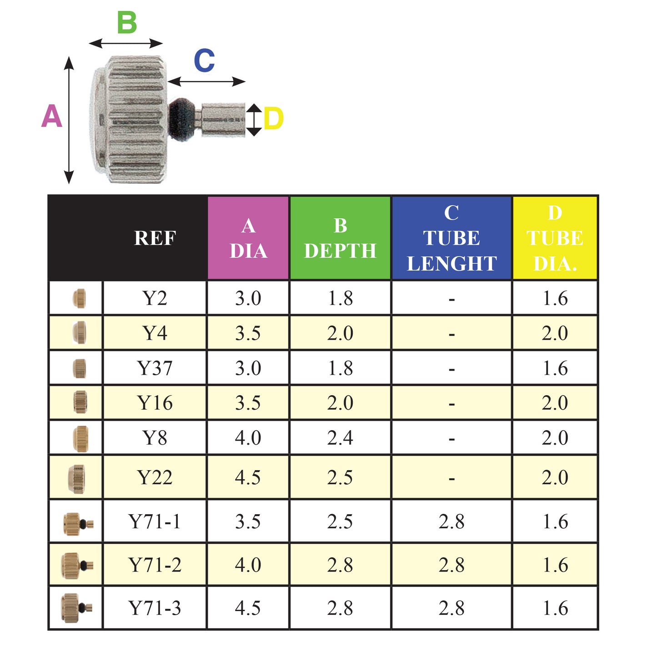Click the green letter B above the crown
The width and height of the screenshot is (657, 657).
pos(127,23)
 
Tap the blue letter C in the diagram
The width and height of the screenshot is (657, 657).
pos(204,60)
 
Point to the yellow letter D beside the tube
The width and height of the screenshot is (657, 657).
pos(273,119)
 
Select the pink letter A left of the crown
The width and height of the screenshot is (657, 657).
pos(51,116)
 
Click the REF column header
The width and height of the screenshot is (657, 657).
pos(155,238)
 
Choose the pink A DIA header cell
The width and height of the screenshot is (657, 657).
pos(248,238)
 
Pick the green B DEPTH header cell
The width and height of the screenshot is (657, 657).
pos(340,238)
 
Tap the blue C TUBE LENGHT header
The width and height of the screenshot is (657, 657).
pos(451,238)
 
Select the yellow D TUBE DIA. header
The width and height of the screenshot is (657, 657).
pos(555,238)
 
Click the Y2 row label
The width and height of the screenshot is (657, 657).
pos(155,298)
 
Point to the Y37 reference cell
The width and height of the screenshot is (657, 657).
pos(155,368)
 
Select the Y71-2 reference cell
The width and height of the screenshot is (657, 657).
pos(155,565)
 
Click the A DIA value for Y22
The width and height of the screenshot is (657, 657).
pos(248,477)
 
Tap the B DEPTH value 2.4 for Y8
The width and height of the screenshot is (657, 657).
pos(340,438)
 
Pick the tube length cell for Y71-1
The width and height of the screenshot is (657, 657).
pos(451,522)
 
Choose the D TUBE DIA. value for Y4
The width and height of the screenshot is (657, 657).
pos(555,333)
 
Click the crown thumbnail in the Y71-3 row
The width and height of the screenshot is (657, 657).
pos(75,608)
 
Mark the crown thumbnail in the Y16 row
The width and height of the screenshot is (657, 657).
pos(80,402)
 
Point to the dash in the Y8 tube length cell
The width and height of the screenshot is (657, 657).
pos(451,439)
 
